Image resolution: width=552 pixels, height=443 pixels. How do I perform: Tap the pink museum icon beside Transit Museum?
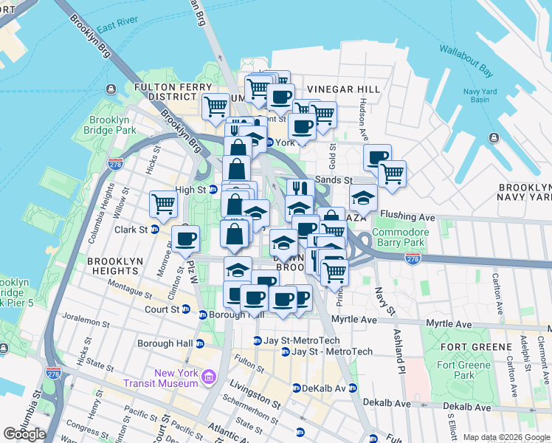pos(208,378)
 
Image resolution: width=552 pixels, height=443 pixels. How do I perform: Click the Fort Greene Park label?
pos(463,370)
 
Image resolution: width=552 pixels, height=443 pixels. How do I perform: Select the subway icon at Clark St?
pos(155,230)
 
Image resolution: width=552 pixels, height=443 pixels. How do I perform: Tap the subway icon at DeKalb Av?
pos(296,388)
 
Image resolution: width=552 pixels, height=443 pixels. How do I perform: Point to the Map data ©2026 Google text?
pos(506,437)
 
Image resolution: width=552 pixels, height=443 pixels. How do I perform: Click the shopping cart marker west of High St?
pos(163,202)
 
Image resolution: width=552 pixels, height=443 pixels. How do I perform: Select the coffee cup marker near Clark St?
pos(185,238)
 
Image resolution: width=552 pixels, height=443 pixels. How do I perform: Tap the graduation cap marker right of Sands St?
pos(364,197)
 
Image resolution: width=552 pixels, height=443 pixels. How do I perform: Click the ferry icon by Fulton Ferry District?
pos(110,89)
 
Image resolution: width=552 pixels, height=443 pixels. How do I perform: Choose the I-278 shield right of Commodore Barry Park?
pos(413,258)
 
